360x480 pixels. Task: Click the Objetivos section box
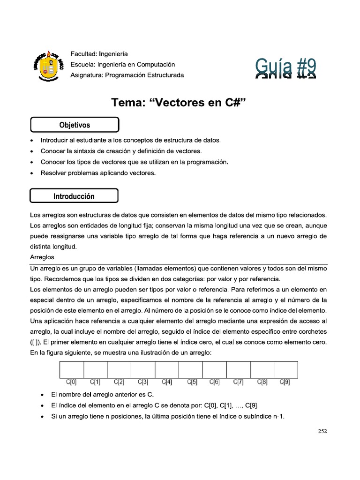[x=75, y=125]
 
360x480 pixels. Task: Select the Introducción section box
[x=74, y=196]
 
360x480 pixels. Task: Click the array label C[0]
[x=71, y=382]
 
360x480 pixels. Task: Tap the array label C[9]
[x=285, y=382]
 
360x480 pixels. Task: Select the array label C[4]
[x=166, y=382]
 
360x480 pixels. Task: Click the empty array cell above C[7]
[x=238, y=369]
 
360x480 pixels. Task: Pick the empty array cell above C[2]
[x=119, y=369]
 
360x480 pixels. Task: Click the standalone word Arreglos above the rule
[x=42, y=257]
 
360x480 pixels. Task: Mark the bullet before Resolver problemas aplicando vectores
[x=31, y=173]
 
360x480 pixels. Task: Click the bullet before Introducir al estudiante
[x=31, y=141]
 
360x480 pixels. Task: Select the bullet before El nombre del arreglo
[x=44, y=394]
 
